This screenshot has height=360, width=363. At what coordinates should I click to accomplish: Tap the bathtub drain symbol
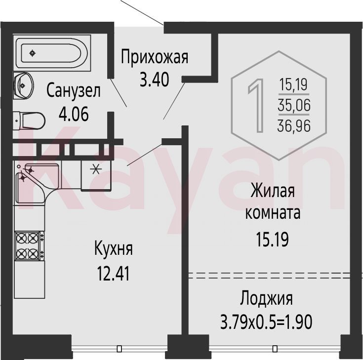pyautogui.click(x=33, y=53)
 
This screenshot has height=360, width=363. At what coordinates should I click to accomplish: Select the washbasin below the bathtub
pyautogui.click(x=23, y=85)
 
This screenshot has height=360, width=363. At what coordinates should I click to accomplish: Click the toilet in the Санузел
pyautogui.click(x=29, y=120)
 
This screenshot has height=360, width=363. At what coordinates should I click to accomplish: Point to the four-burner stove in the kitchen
pyautogui.click(x=30, y=245)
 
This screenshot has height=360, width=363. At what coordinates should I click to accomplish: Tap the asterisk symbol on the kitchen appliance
pyautogui.click(x=96, y=170)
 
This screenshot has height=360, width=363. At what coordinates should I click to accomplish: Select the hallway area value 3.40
pyautogui.click(x=155, y=80)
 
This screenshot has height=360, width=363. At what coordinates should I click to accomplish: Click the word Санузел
pyautogui.click(x=74, y=90)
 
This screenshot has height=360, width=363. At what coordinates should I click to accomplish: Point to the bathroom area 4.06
pyautogui.click(x=74, y=114)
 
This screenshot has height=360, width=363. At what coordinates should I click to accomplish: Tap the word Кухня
pyautogui.click(x=114, y=249)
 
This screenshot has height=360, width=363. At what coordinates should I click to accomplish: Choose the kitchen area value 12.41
pyautogui.click(x=113, y=274)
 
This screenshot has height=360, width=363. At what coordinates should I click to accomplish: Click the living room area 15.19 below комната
pyautogui.click(x=272, y=240)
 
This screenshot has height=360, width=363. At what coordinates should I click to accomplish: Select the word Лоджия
pyautogui.click(x=266, y=298)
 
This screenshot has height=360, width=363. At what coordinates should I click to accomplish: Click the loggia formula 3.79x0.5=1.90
pyautogui.click(x=266, y=322)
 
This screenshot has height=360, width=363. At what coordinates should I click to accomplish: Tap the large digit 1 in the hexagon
pyautogui.click(x=256, y=105)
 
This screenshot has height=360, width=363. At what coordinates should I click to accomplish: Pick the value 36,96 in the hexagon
pyautogui.click(x=294, y=126)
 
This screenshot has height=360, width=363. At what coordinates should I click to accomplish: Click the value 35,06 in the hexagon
pyautogui.click(x=294, y=105)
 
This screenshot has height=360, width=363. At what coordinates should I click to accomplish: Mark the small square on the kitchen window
pyautogui.click(x=119, y=349)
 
